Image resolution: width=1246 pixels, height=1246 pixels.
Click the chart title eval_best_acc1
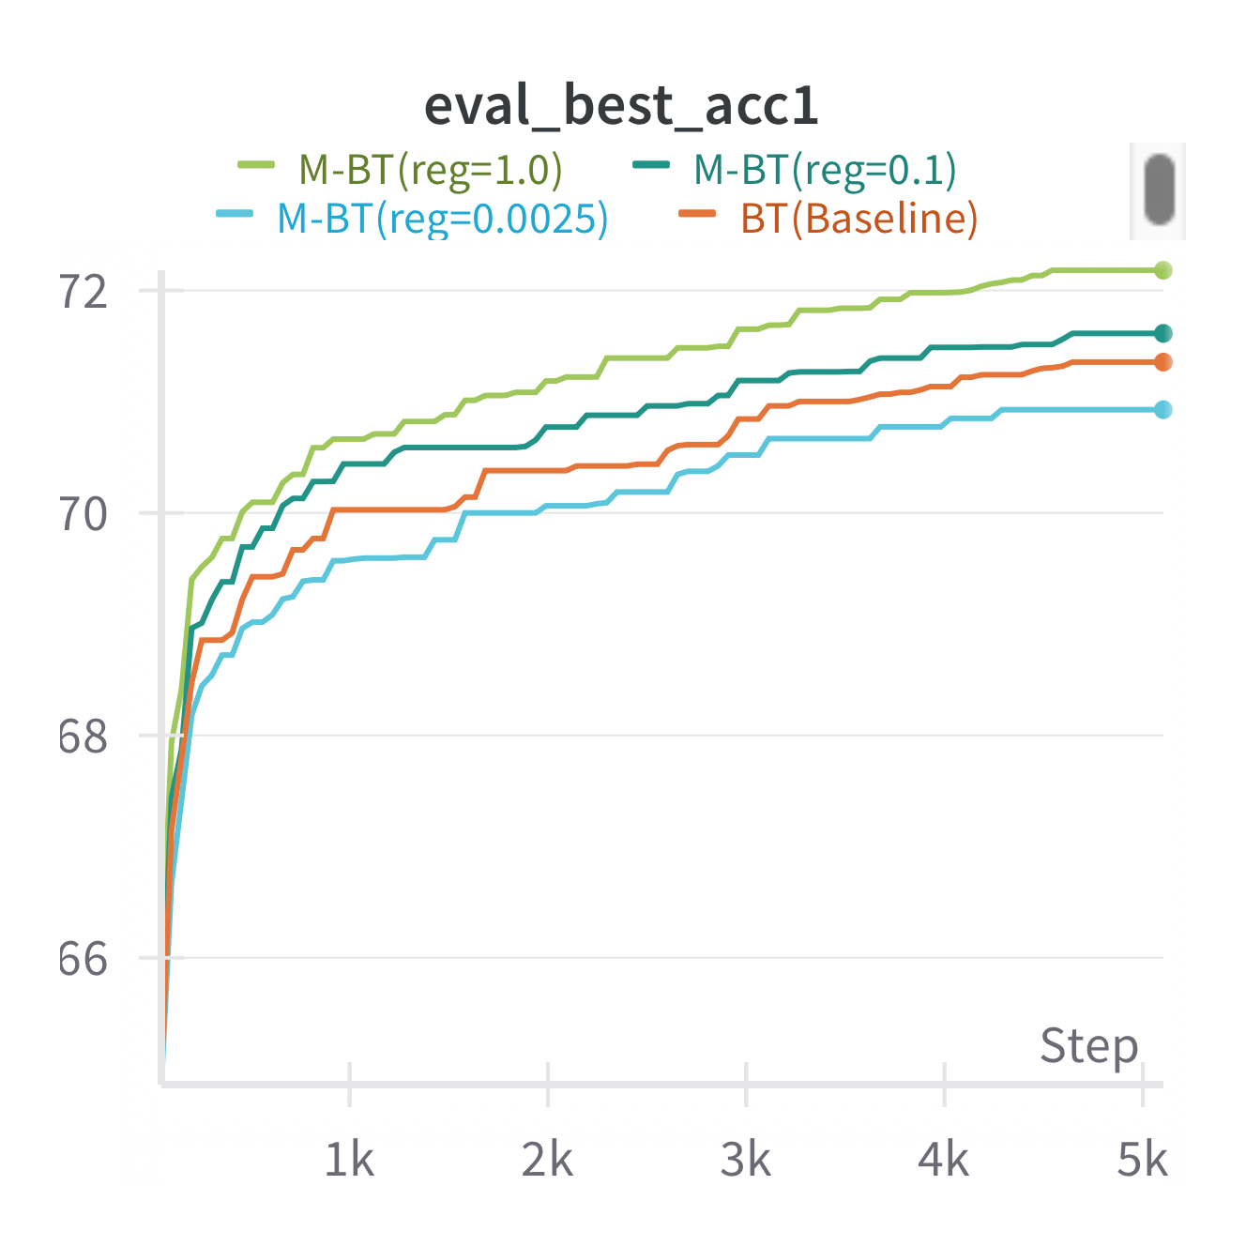click(621, 105)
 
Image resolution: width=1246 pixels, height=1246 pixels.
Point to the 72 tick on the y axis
click(84, 292)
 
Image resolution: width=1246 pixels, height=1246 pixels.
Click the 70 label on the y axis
click(84, 514)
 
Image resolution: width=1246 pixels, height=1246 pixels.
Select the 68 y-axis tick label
click(84, 737)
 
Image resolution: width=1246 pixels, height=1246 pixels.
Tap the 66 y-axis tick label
click(84, 959)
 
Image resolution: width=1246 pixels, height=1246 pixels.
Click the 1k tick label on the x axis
click(349, 1161)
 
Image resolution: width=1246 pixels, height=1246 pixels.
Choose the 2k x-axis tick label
click(547, 1161)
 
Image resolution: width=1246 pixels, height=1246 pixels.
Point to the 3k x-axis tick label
click(746, 1161)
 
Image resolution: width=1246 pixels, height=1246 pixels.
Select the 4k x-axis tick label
click(944, 1161)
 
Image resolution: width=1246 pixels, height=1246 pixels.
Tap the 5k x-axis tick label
click(1142, 1161)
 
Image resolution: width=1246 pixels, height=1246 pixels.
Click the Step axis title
click(1088, 1046)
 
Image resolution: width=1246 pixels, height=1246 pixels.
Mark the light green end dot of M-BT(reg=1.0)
click(1163, 270)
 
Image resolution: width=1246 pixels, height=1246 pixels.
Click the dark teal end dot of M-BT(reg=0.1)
click(1163, 333)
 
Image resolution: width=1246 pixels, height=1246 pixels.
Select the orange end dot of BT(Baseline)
click(1163, 362)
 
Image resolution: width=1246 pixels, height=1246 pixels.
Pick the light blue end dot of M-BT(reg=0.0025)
click(1163, 409)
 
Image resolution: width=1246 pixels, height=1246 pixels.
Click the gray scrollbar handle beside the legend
click(1160, 190)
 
